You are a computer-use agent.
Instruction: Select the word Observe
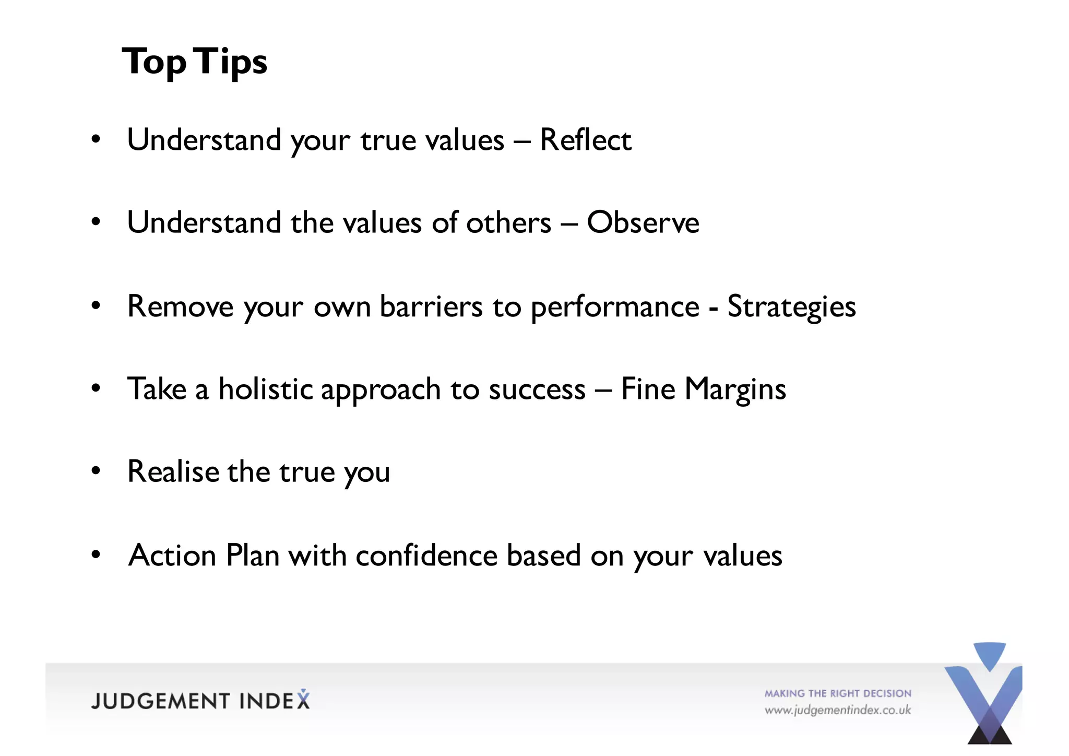(643, 223)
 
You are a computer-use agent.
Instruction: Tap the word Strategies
(791, 306)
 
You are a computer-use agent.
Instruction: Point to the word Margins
(735, 389)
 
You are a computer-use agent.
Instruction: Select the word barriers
(431, 306)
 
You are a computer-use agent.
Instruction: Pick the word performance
(614, 308)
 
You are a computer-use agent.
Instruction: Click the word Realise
(173, 471)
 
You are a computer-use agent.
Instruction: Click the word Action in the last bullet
(172, 555)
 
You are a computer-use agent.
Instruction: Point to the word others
(508, 223)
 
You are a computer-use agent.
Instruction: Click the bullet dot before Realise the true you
(96, 471)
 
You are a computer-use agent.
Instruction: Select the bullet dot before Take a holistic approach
(96, 388)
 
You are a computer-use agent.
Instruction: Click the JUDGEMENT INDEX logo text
(200, 701)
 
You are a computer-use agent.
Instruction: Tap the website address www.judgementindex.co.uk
(838, 711)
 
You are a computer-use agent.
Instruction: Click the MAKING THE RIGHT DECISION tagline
(838, 693)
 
